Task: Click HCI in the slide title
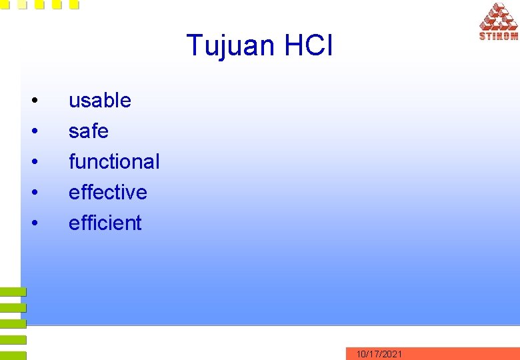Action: (x=308, y=45)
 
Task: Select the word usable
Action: (x=100, y=101)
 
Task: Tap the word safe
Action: (x=88, y=131)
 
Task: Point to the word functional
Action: (x=114, y=162)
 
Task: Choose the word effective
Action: (x=107, y=193)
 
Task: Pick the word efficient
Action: (x=105, y=223)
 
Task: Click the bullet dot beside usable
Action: (x=34, y=101)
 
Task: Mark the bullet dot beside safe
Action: (x=34, y=132)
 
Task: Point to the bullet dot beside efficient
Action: (x=34, y=223)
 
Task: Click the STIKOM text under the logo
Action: (x=498, y=37)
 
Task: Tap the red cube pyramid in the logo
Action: (x=499, y=17)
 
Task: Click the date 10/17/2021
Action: (x=379, y=354)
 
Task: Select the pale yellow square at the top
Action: (x=22, y=5)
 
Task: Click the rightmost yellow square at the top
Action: (x=74, y=5)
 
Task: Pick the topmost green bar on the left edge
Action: (x=13, y=292)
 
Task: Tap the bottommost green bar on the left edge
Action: (x=13, y=356)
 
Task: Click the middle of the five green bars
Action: (x=13, y=324)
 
